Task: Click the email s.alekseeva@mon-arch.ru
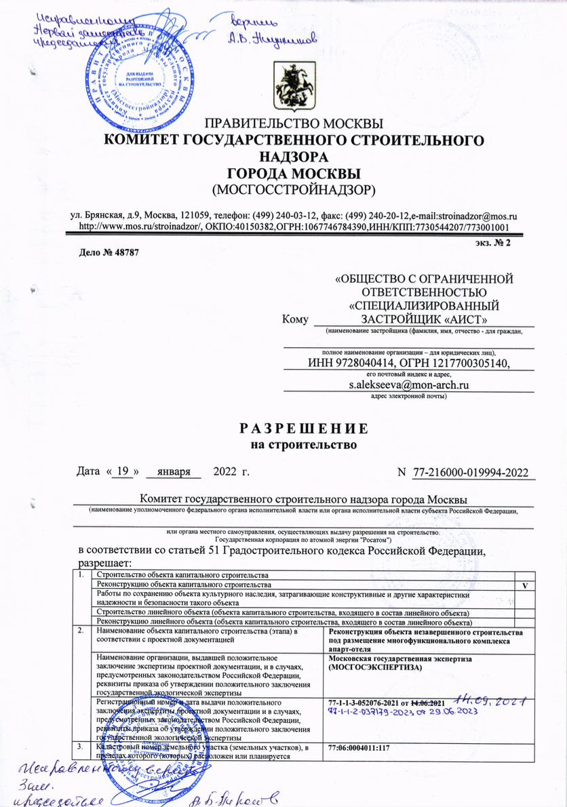coord(410,385)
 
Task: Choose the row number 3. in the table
coord(82,747)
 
